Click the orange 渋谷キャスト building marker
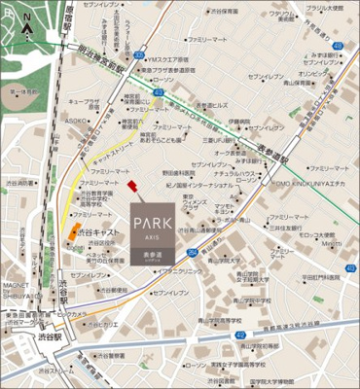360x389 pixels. coord(74,231)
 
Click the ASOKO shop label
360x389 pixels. coord(77,121)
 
